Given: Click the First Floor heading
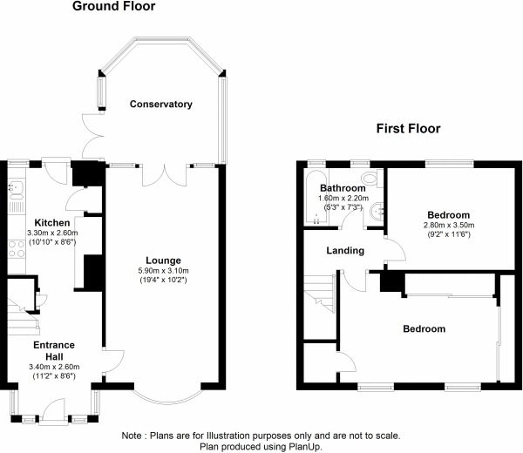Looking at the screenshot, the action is click(x=408, y=129).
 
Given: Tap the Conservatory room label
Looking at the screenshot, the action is click(x=160, y=105).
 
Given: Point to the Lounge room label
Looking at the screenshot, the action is click(x=163, y=260).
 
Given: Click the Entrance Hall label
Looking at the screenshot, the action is click(x=53, y=351).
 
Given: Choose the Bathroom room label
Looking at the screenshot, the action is click(x=342, y=188).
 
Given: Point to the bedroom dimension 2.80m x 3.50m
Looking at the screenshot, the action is click(x=448, y=225).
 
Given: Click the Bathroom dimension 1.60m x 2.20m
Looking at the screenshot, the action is click(x=342, y=198).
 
